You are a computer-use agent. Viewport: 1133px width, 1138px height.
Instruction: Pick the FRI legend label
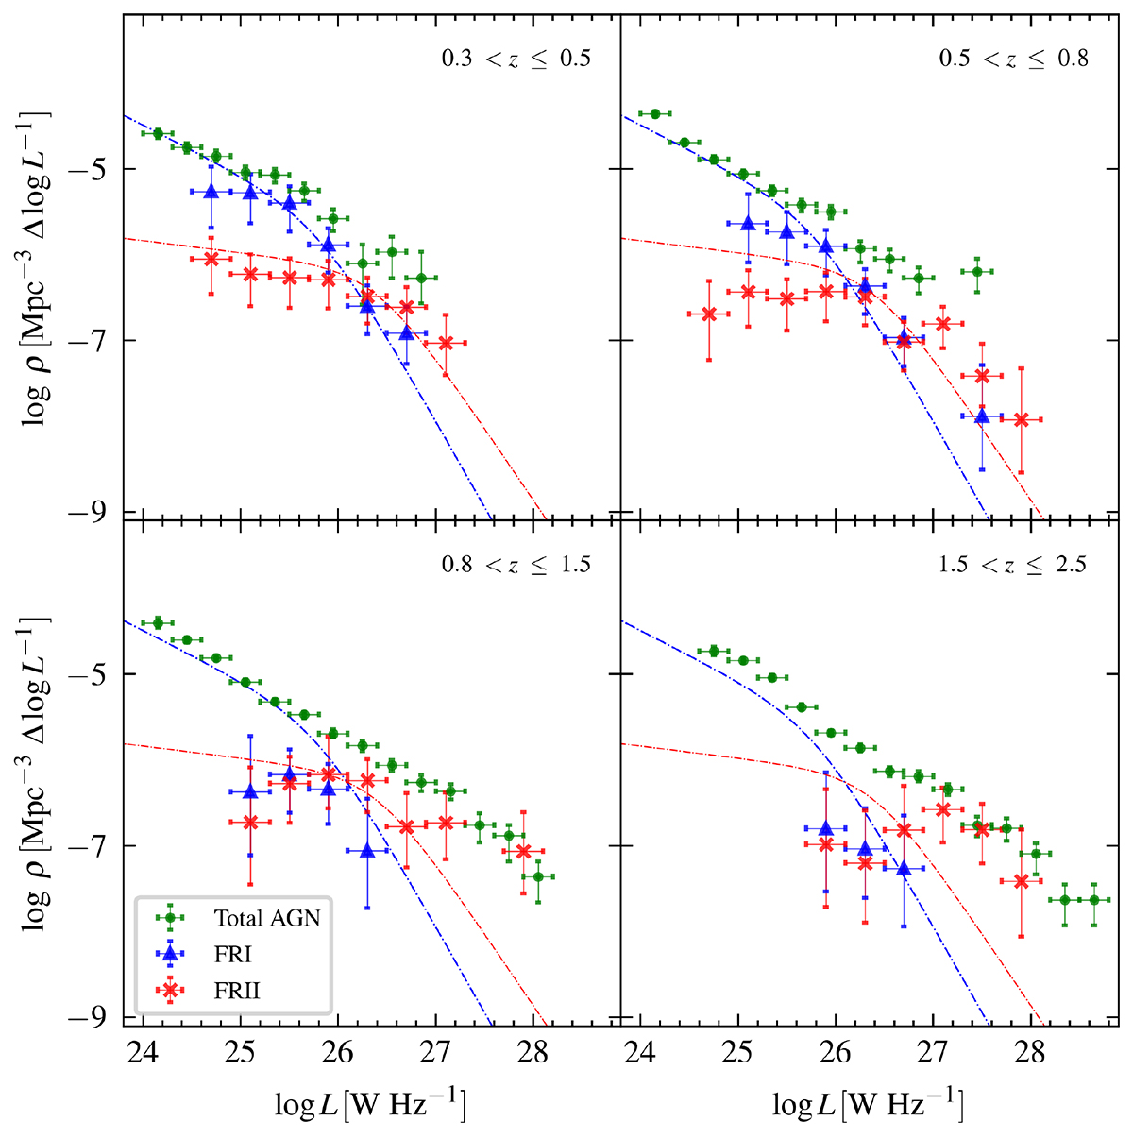232,954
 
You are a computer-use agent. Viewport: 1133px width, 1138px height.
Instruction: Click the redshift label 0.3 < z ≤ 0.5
516,59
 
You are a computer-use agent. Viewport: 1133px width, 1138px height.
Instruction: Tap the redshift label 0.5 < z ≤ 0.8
1013,59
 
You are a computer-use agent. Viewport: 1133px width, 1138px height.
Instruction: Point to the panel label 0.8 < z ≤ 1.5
516,565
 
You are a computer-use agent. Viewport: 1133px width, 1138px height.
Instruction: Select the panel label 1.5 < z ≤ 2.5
1012,565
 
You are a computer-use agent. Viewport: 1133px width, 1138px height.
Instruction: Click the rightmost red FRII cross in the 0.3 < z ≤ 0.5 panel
445,343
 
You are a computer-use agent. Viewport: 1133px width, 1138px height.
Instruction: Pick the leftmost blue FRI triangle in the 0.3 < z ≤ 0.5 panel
211,191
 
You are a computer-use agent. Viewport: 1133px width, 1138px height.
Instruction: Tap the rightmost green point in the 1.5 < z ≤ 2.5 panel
1094,899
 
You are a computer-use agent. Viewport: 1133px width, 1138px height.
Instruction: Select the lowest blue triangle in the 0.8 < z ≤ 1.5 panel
367,850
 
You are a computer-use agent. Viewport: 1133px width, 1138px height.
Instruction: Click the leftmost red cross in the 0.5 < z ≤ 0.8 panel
709,314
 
